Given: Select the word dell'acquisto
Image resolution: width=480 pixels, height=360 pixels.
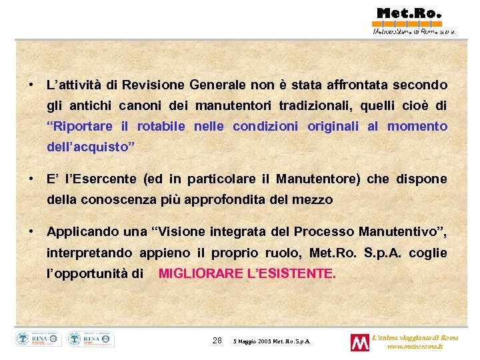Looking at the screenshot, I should click(90, 147).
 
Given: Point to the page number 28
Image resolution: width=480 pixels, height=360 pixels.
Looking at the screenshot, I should click(217, 341).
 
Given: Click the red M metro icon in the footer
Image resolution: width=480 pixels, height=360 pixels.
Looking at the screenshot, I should click(360, 343).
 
